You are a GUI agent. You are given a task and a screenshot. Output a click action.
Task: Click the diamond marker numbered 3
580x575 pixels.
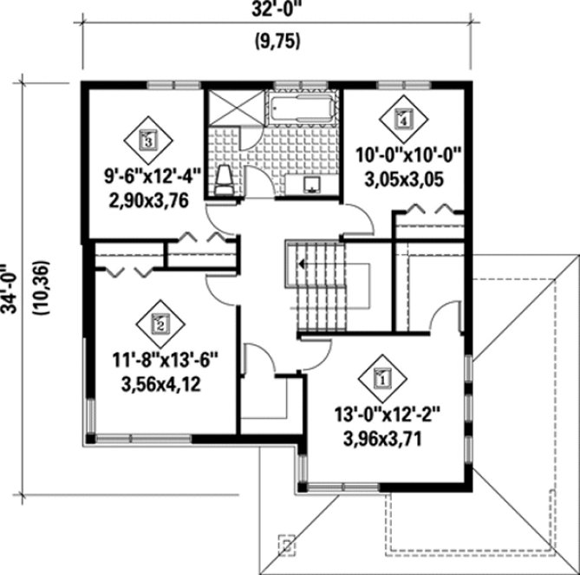click(149, 136)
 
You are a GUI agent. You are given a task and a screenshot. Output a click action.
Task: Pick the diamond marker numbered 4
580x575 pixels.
click(403, 119)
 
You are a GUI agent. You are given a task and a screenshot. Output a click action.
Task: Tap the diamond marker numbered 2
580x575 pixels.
click(160, 324)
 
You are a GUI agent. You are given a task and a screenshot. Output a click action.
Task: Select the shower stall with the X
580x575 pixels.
click(231, 109)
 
